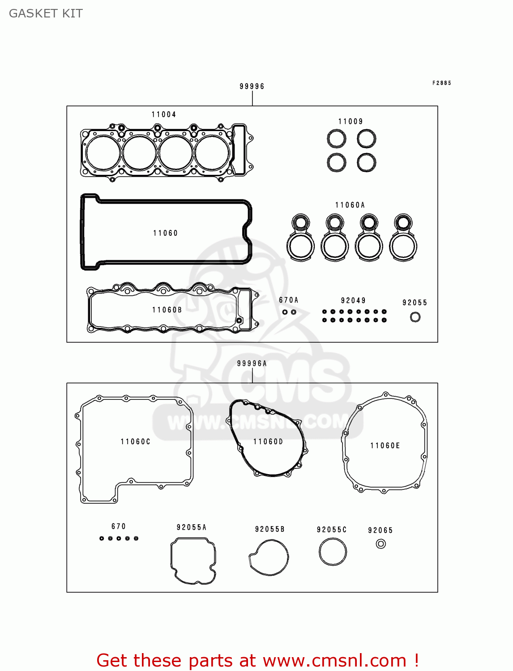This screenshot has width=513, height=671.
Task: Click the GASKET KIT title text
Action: (x=46, y=13)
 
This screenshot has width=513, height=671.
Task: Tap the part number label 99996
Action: (x=252, y=86)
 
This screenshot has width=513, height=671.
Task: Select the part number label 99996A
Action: (x=252, y=364)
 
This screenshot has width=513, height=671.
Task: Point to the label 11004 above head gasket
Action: (x=164, y=115)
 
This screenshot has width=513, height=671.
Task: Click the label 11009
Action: (x=351, y=122)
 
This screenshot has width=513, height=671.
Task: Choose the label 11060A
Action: (x=350, y=205)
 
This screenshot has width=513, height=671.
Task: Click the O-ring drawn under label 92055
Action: (x=415, y=317)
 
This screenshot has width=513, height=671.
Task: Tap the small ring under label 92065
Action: (x=381, y=544)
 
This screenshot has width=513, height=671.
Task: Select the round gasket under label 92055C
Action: (x=333, y=552)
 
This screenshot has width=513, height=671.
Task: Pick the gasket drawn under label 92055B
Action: (x=269, y=557)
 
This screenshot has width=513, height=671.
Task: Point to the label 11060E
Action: (x=385, y=446)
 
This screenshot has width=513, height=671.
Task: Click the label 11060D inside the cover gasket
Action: (x=268, y=442)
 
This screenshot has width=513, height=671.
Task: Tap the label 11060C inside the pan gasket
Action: (x=136, y=442)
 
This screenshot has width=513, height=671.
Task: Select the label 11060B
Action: (x=167, y=310)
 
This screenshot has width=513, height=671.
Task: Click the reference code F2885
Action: (x=442, y=83)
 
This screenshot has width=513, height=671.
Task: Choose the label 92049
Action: (x=353, y=301)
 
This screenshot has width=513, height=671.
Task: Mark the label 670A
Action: (x=289, y=300)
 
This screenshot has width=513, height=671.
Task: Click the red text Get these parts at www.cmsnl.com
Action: (x=258, y=660)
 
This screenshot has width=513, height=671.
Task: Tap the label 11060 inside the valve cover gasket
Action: (x=166, y=233)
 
